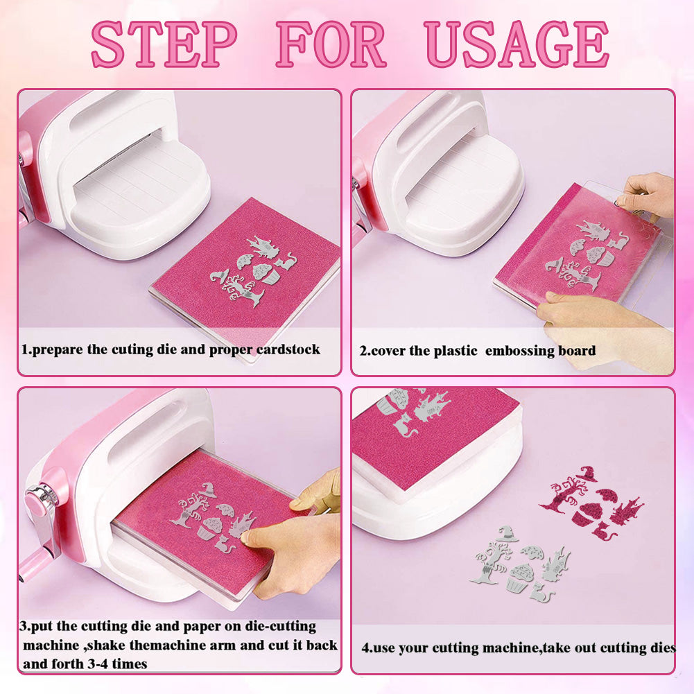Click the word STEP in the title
coord(164,44)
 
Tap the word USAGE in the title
coord(517,44)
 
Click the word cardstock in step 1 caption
coord(288,349)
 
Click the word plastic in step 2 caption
coord(456,351)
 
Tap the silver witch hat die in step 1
coord(220,276)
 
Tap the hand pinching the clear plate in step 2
coord(647,196)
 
